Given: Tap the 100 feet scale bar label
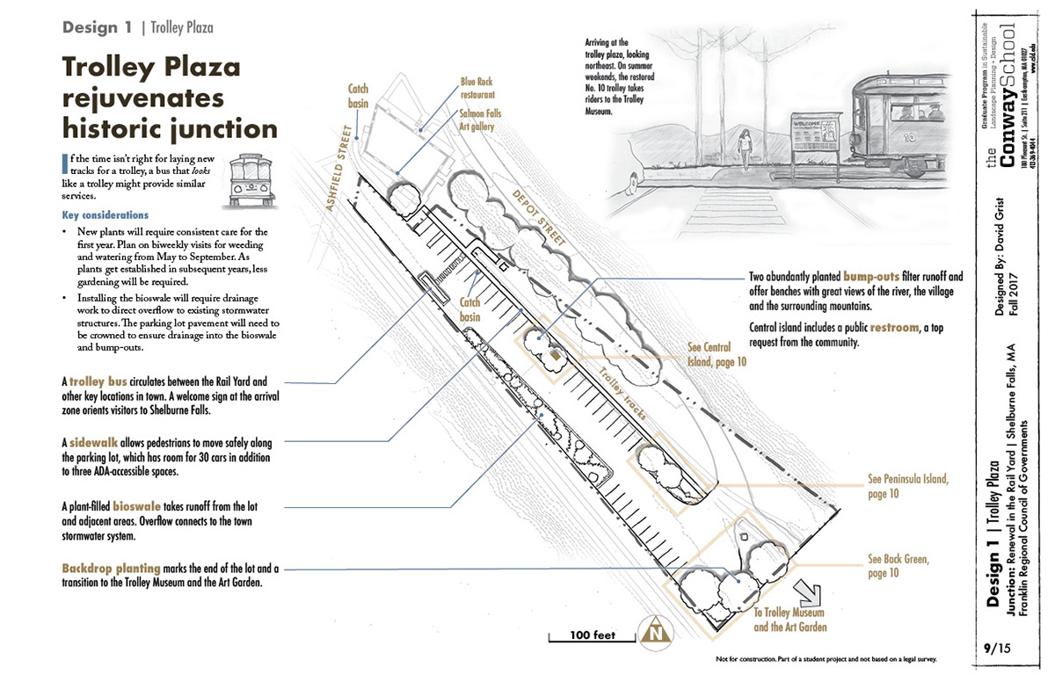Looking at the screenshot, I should pos(592,635).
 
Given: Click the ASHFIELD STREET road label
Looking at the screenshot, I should pos(342,167).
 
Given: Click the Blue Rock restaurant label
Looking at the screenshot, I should pos(479,88).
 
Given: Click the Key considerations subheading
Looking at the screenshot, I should pos(105,215).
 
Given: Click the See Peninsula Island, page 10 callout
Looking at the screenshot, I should pos(907,487).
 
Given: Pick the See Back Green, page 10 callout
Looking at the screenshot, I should pos(898,565).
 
